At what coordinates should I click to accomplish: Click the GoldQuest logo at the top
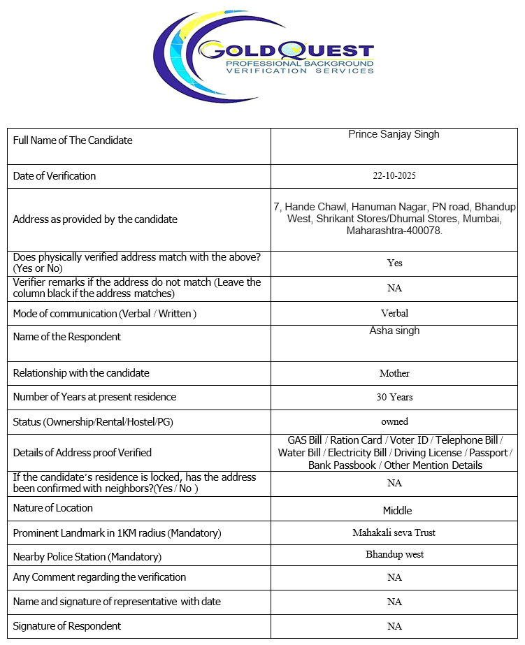[264, 55]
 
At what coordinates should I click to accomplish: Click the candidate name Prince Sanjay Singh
[394, 134]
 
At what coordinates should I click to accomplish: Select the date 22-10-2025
[394, 176]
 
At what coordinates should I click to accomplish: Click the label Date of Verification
[55, 176]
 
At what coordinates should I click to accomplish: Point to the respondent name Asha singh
[394, 331]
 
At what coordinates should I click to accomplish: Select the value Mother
[394, 374]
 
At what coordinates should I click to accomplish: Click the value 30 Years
[394, 398]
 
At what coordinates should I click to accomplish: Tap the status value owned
[394, 422]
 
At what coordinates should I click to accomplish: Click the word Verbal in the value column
[394, 314]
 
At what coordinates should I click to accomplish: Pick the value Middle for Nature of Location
[397, 511]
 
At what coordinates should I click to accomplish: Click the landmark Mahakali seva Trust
[394, 533]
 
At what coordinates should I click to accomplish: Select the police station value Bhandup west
[394, 555]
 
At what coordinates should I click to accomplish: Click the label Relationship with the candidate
[81, 373]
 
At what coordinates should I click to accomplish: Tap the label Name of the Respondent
[67, 337]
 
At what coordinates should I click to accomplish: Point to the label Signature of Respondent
[67, 626]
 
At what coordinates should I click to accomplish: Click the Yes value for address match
[394, 263]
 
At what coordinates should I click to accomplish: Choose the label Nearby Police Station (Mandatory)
[87, 557]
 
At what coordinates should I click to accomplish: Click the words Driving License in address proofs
[428, 453]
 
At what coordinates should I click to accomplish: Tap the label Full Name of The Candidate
[73, 140]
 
